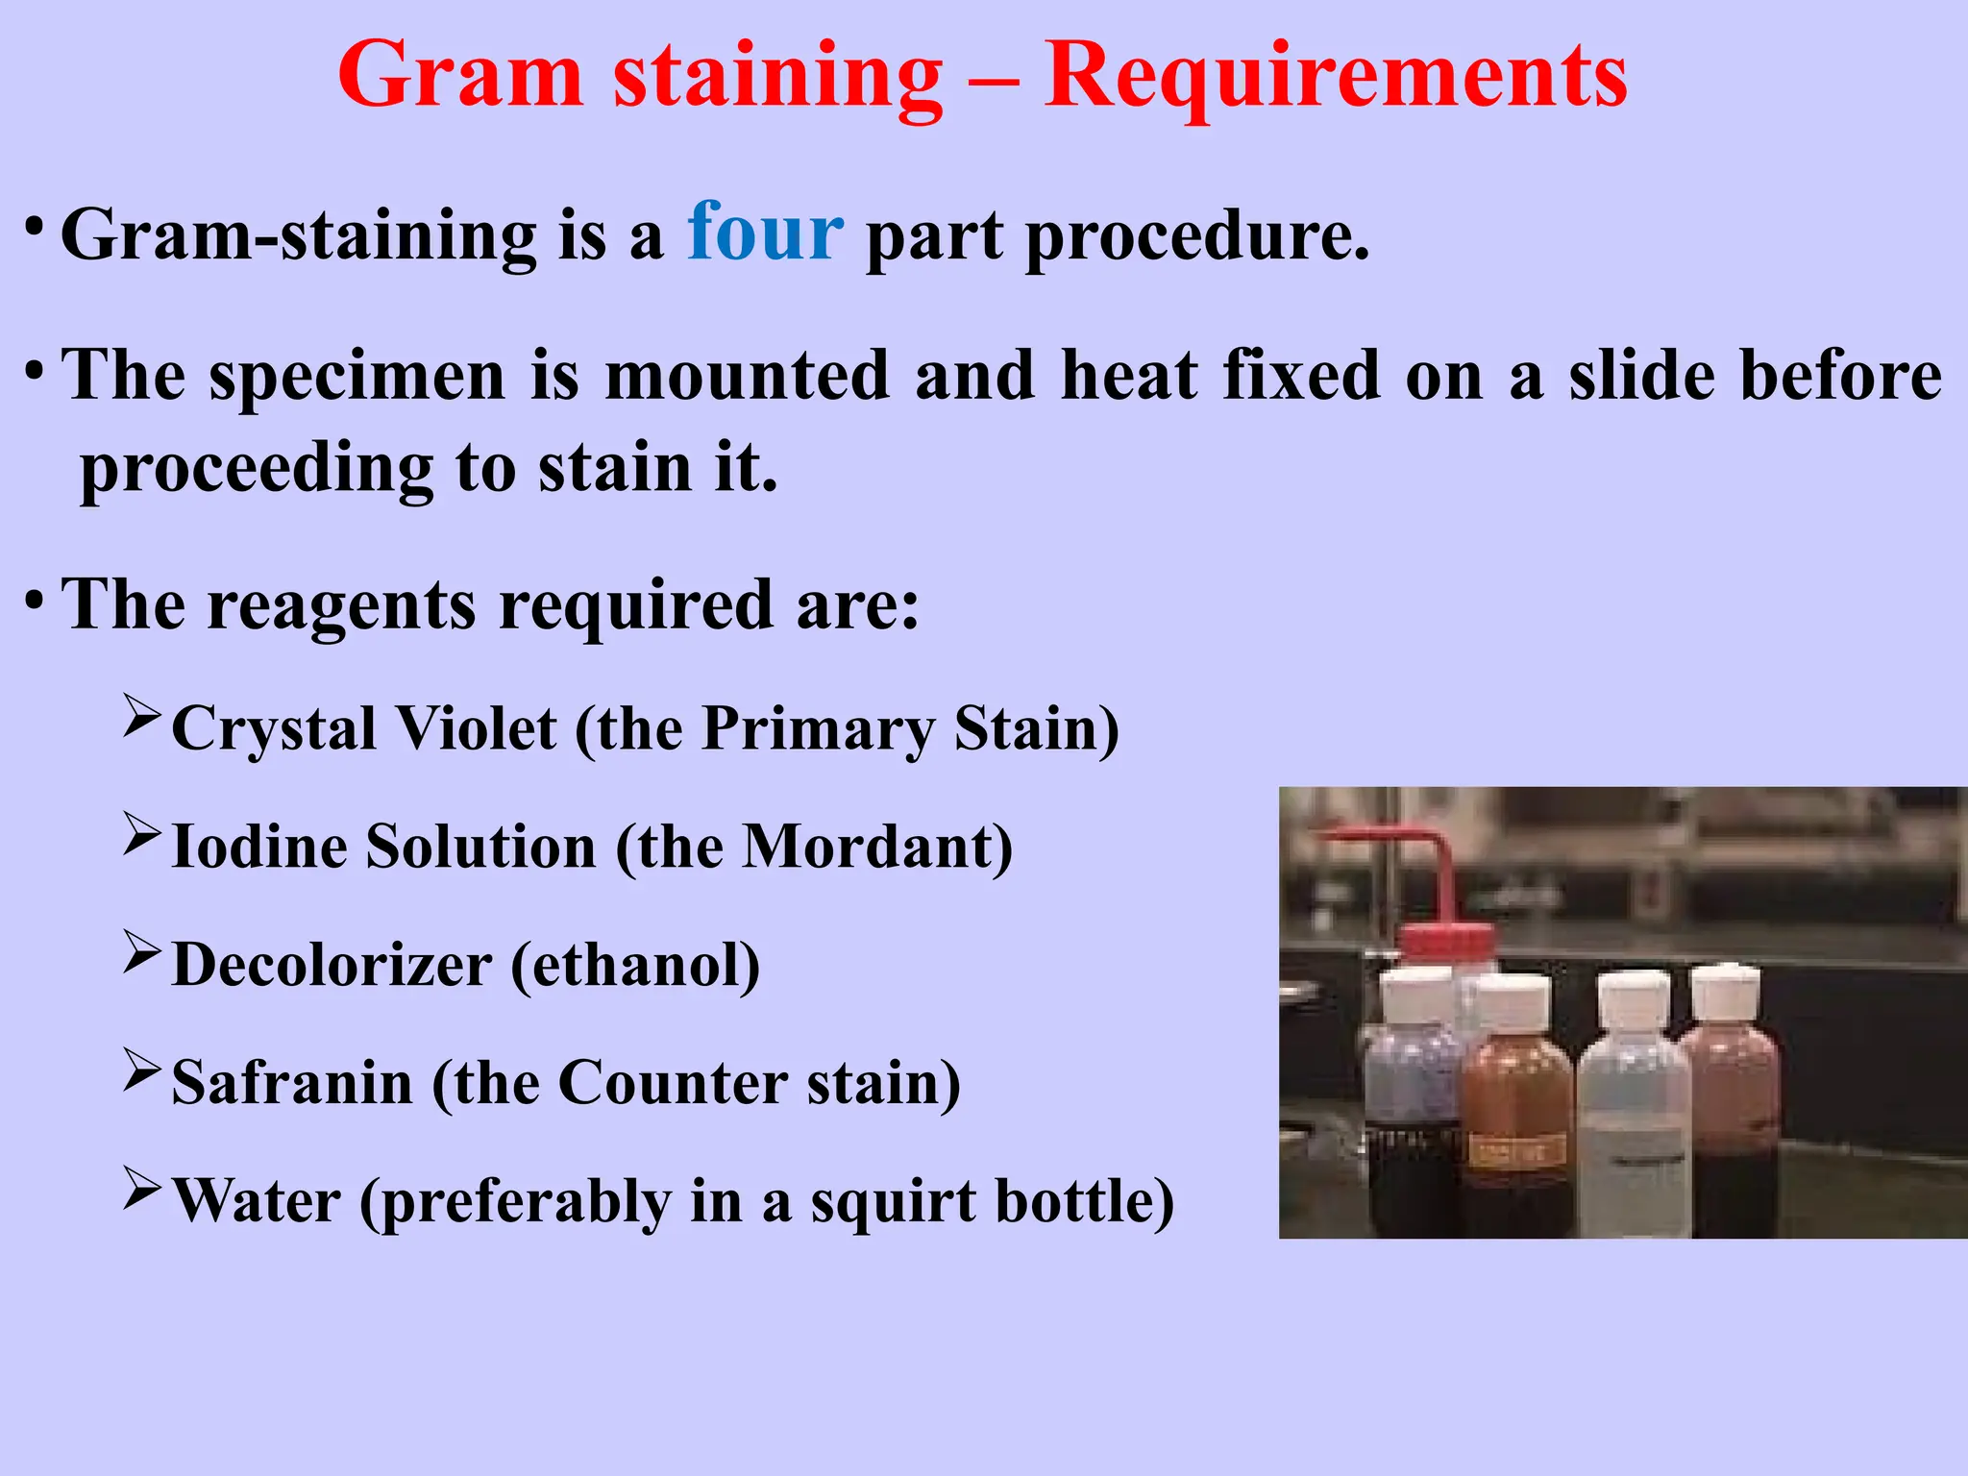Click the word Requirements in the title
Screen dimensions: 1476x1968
[1336, 77]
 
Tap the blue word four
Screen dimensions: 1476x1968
[765, 233]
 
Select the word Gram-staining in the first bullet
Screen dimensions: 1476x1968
[298, 236]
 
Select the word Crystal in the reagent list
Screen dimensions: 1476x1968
[273, 728]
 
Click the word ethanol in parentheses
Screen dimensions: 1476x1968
[635, 966]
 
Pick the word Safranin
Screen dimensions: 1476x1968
[292, 1084]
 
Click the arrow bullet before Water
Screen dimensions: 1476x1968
[141, 1189]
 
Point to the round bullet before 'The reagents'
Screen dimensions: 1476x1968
[35, 603]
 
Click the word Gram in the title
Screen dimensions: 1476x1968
[460, 77]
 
